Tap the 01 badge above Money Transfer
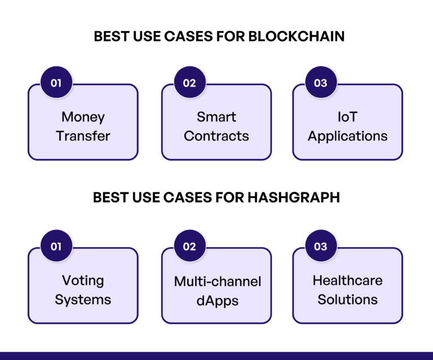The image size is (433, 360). click(x=56, y=83)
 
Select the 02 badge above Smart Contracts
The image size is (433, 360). click(x=189, y=83)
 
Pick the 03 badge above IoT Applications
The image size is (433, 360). click(x=320, y=83)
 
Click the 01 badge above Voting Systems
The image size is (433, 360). click(x=56, y=247)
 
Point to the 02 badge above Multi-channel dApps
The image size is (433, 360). click(x=189, y=247)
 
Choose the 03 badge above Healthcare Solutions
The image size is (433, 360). click(x=320, y=247)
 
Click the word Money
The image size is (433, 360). click(x=83, y=117)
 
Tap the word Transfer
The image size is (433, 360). click(x=83, y=136)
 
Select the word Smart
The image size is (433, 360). click(x=216, y=117)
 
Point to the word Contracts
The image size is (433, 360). click(x=216, y=136)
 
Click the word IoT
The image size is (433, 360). click(x=347, y=117)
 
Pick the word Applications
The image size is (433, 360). click(x=347, y=137)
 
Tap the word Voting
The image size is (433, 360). click(x=83, y=280)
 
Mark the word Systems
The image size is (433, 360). click(x=83, y=300)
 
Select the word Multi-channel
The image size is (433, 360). click(x=217, y=281)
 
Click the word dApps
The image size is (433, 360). click(x=217, y=301)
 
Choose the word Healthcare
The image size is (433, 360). click(x=347, y=280)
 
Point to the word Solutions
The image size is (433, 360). click(x=347, y=299)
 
